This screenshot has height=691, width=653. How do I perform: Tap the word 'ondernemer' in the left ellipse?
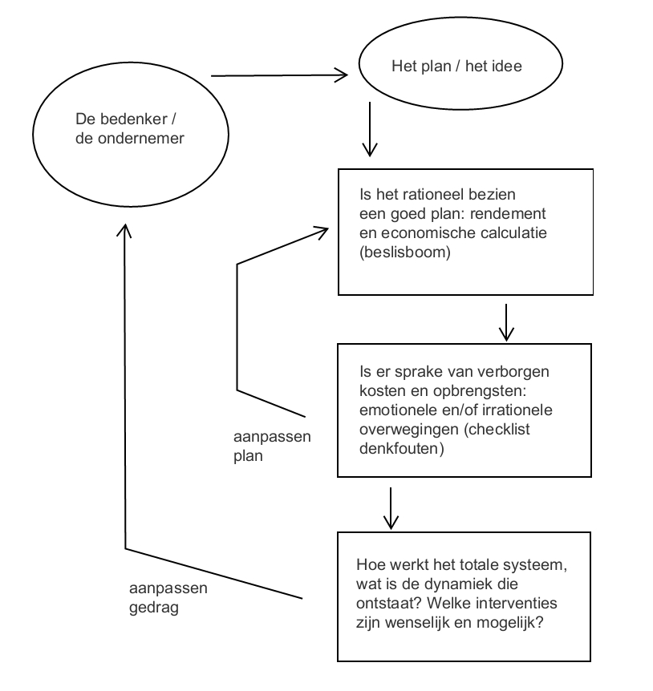[140, 139]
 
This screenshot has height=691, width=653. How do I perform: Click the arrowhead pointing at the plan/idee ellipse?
[341, 75]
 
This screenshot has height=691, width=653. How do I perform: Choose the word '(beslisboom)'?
[405, 253]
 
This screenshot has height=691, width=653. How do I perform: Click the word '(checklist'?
[497, 430]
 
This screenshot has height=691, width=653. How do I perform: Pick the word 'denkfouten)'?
[402, 449]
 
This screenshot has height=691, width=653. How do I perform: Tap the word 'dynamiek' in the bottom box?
[456, 585]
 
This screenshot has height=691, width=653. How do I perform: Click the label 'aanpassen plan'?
[272, 446]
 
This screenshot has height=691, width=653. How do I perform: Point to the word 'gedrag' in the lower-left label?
[154, 608]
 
